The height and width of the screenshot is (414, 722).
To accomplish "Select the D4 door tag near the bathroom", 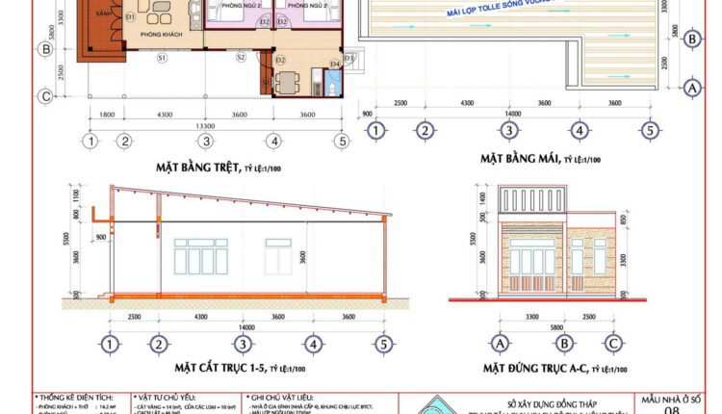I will pyautogui.click(x=334, y=64).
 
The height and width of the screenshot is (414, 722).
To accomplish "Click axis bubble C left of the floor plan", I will pyautogui.click(x=43, y=95).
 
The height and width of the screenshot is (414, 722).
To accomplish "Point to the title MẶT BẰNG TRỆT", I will pyautogui.click(x=197, y=167).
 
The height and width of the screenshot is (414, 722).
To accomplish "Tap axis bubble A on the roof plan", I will pyautogui.click(x=690, y=88).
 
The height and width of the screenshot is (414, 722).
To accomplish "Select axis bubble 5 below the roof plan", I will pyautogui.click(x=650, y=131).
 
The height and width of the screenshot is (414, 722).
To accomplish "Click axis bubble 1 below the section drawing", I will pyautogui.click(x=111, y=344).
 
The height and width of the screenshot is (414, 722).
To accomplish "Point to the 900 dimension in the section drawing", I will pyautogui.click(x=101, y=235).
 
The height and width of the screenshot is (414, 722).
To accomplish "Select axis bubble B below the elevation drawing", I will pyautogui.click(x=566, y=343).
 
